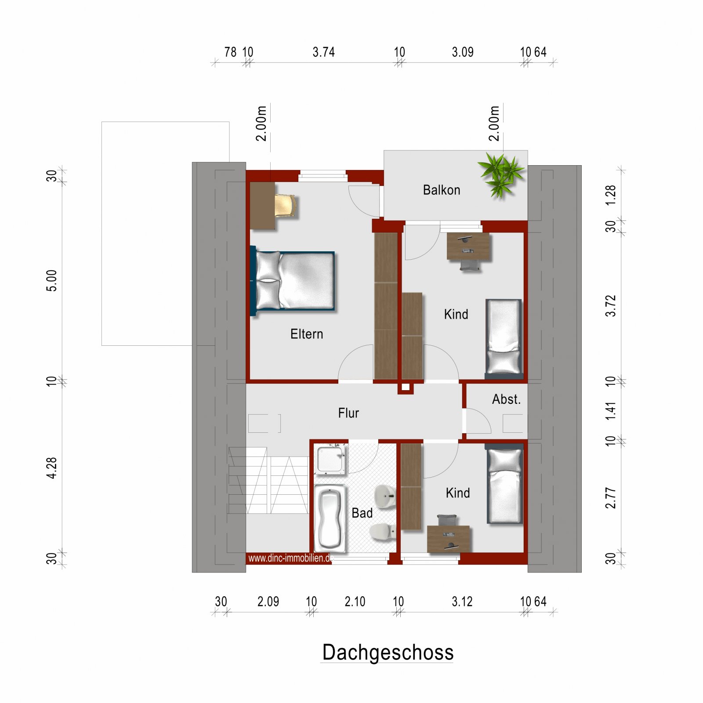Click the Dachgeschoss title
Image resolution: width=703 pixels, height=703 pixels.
click(388, 652)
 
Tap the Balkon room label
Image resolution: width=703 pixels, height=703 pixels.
click(442, 190)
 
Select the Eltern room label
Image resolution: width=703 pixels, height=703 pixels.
click(307, 334)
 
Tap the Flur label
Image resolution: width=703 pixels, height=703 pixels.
click(348, 413)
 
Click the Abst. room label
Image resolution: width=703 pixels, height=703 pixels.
click(506, 399)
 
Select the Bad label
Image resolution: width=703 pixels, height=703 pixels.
click(362, 513)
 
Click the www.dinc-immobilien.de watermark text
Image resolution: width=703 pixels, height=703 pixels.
click(290, 558)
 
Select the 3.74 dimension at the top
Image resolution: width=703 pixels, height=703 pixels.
click(323, 52)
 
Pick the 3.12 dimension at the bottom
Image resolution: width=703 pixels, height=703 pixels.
click(462, 602)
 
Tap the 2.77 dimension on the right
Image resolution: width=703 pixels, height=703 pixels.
click(611, 498)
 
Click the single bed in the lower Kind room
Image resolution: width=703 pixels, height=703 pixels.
click(504, 485)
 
